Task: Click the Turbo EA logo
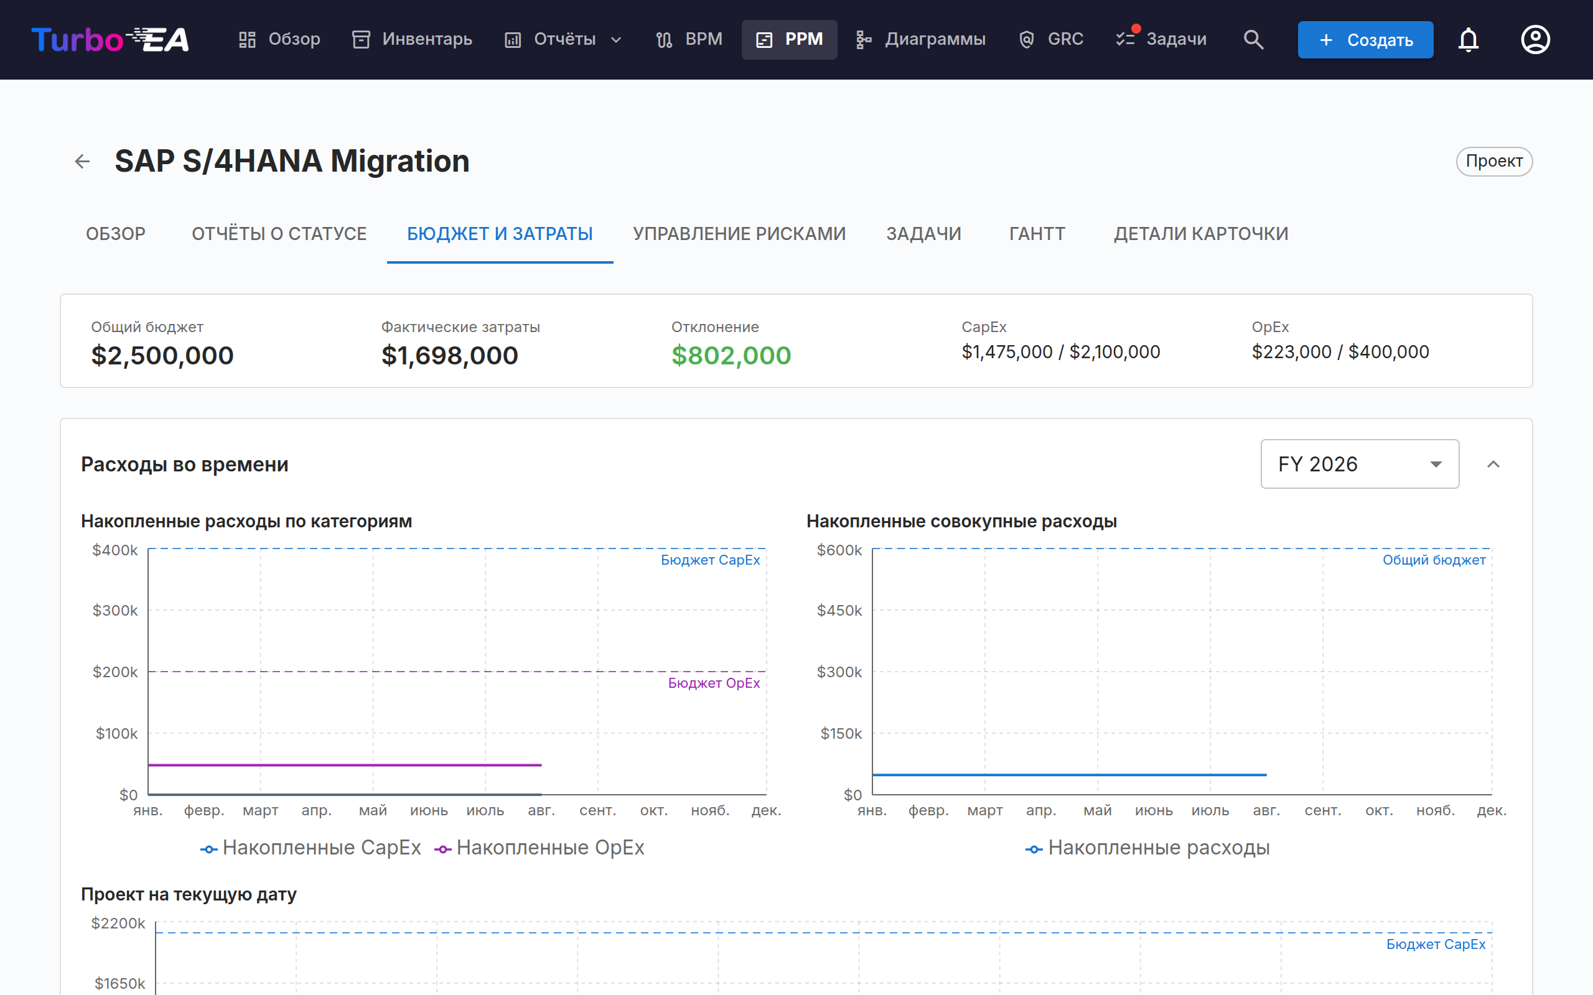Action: [x=110, y=39]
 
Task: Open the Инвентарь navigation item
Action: [x=412, y=39]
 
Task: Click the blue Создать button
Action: [x=1365, y=39]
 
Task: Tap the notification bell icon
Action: [x=1468, y=39]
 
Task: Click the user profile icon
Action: [x=1535, y=39]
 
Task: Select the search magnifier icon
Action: [x=1253, y=39]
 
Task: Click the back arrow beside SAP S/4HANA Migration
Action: [x=82, y=161]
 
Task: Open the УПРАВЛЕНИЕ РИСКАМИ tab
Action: [x=739, y=234]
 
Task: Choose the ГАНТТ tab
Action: [x=1037, y=234]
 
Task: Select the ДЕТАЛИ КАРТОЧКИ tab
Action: [x=1201, y=234]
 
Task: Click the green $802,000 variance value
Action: [x=731, y=355]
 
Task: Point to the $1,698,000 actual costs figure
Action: [x=450, y=355]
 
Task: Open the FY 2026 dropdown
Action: [x=1359, y=464]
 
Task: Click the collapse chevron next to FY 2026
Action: [x=1493, y=464]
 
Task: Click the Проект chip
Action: [x=1493, y=161]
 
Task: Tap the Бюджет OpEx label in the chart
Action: [x=714, y=683]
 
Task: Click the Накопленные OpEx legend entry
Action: [x=539, y=848]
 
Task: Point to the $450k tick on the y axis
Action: [x=839, y=611]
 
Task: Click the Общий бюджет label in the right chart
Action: [x=1434, y=560]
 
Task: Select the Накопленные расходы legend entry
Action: [x=1147, y=848]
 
